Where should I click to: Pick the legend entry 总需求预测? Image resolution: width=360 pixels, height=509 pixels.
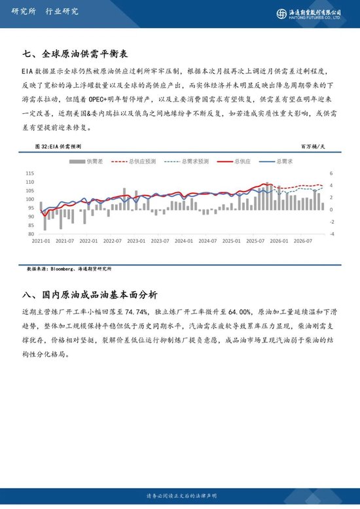pos(189,161)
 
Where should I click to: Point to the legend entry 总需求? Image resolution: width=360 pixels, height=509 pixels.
pos(278,161)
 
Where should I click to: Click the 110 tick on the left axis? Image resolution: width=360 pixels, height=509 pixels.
pos(30,173)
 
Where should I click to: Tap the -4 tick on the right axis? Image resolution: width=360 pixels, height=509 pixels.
pos(332,234)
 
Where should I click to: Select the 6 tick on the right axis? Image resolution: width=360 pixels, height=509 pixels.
pos(332,173)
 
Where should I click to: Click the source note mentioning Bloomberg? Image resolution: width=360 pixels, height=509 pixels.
pos(69,269)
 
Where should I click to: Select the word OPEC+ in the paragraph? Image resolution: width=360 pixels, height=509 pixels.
pos(109,98)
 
